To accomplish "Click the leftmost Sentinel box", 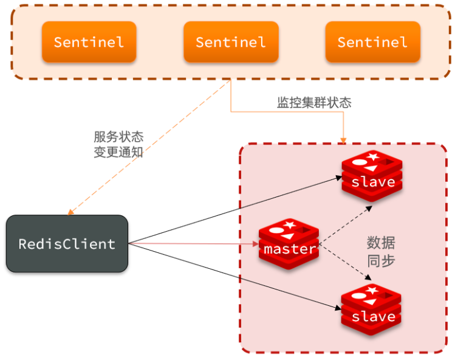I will (89, 42).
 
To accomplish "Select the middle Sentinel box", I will (231, 42).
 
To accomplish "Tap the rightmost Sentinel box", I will (372, 42).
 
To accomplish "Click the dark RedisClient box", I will (67, 243).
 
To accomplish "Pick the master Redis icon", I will (289, 243).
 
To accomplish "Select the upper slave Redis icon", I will (372, 176).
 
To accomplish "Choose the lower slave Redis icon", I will (372, 311).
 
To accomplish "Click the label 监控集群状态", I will (314, 103).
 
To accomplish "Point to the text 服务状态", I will (118, 137).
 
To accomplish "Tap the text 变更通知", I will (118, 153).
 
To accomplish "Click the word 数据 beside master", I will (381, 243).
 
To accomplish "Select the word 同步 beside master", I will (381, 261).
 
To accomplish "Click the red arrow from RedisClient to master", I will (194, 244).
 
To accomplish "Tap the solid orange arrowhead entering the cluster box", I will (343, 140).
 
